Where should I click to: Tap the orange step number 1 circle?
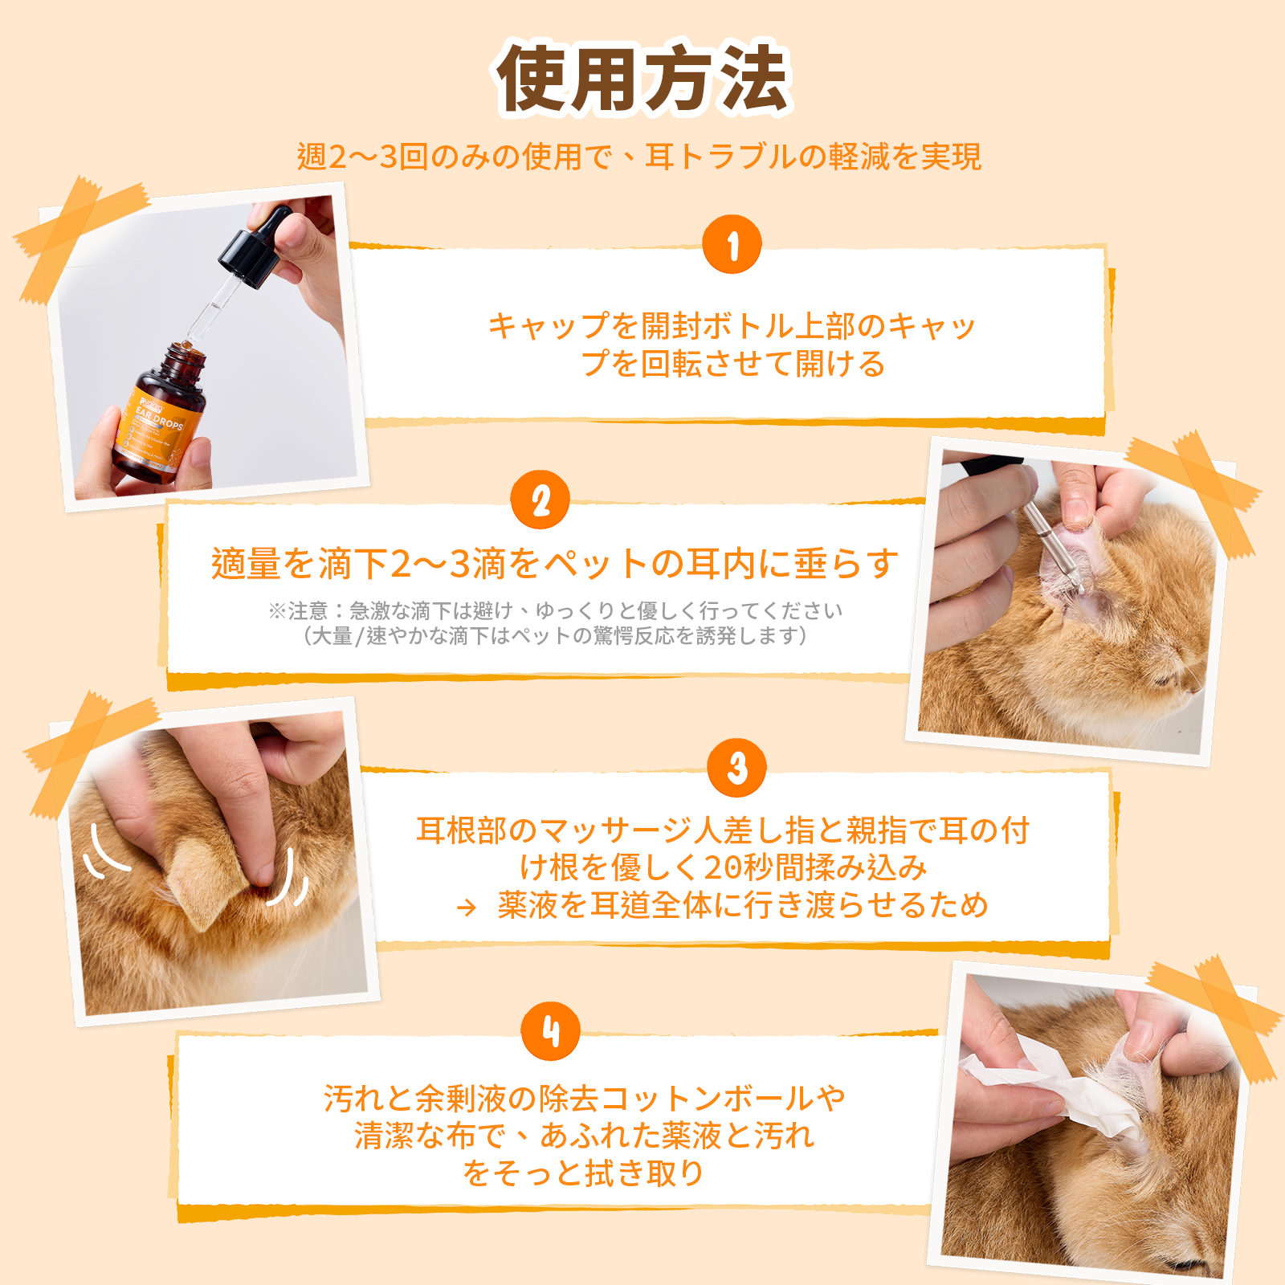pos(732,244)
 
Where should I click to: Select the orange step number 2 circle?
pos(541,500)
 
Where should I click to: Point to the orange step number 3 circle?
pos(737,768)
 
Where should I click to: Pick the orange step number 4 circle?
pos(551,1031)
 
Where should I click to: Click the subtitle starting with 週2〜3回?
pos(639,157)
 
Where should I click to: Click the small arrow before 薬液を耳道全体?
pos(466,908)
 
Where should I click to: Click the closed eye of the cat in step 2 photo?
pos(1165,679)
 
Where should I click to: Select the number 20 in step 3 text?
pos(720,867)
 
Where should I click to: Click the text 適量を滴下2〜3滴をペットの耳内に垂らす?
pos(555,563)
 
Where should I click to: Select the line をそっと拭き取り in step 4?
pos(584,1173)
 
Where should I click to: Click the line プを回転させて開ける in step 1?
pos(732,364)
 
